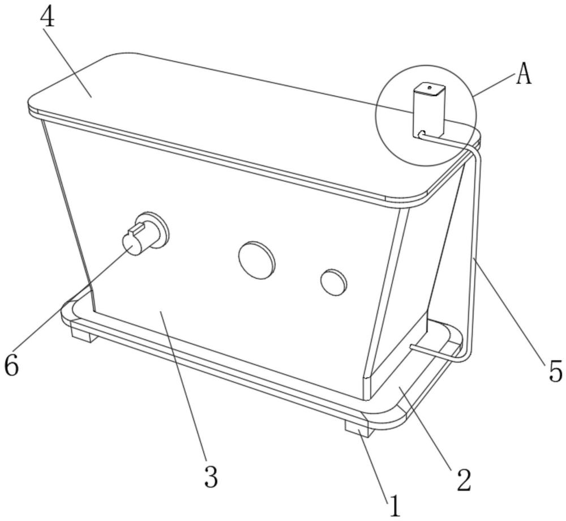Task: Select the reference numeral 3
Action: point(211,476)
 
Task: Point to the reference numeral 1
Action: point(395,506)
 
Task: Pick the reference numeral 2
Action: point(464,480)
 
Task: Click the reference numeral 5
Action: point(555,370)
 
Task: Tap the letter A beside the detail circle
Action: point(524,74)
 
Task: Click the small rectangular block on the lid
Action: point(428,110)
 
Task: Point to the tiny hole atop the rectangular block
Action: point(429,87)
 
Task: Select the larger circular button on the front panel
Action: point(256,259)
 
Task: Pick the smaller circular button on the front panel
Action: point(333,281)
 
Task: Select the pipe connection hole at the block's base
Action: point(421,134)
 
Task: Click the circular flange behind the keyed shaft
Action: point(152,229)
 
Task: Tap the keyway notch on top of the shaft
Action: point(136,228)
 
